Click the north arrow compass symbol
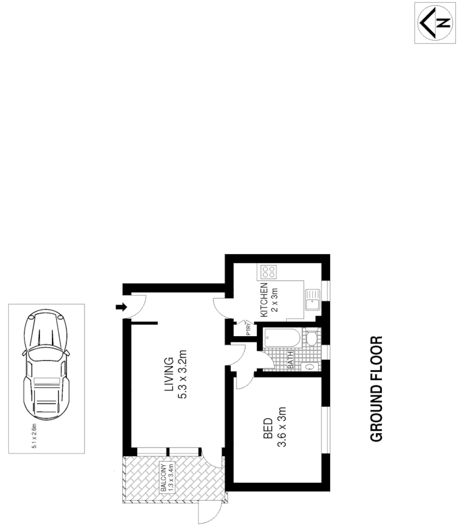click(x=435, y=23)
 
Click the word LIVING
click(x=169, y=375)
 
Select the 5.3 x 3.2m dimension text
click(x=183, y=375)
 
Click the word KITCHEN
click(x=264, y=300)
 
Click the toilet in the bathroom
click(x=311, y=338)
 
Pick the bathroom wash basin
click(x=310, y=367)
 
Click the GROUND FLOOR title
click(x=377, y=389)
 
